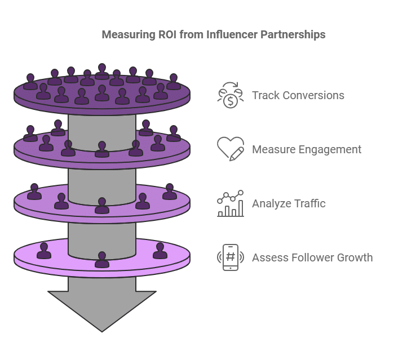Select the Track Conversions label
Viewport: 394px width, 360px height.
(298, 95)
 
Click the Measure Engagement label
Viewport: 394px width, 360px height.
(307, 149)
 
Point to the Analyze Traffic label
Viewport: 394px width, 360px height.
(289, 203)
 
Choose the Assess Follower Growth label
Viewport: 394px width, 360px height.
(312, 257)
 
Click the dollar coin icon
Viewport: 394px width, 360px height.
(231, 95)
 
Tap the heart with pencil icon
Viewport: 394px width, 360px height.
(231, 149)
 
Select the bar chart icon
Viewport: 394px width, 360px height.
(231, 203)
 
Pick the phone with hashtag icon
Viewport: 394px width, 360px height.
(231, 257)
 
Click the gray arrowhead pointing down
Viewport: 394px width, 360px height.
(102, 311)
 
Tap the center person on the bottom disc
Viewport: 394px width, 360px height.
(102, 260)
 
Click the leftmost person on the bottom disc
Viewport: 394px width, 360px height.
(44, 251)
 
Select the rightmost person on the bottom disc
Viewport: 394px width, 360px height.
(160, 251)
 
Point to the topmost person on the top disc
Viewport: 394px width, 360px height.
(102, 72)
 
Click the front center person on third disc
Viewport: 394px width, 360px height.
(102, 206)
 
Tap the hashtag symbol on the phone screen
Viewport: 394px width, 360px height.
(231, 256)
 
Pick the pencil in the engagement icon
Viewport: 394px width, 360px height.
(237, 154)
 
